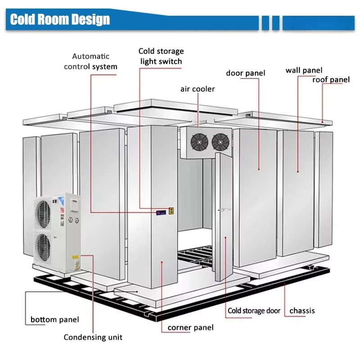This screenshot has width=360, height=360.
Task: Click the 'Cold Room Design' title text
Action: click(x=60, y=19)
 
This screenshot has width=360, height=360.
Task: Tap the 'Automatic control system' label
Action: click(x=91, y=61)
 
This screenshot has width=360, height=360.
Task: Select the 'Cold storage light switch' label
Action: click(x=161, y=56)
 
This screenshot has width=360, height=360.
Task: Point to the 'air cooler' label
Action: click(x=198, y=89)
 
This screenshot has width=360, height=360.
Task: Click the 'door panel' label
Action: click(x=245, y=73)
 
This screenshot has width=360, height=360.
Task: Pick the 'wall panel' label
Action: click(x=304, y=70)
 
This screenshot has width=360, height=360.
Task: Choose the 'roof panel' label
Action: click(x=331, y=80)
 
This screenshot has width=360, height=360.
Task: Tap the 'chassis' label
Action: click(x=302, y=310)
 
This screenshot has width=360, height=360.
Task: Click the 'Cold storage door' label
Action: click(x=254, y=310)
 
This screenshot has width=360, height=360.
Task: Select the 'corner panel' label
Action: click(x=190, y=328)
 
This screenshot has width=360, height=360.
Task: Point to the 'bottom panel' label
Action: click(x=54, y=319)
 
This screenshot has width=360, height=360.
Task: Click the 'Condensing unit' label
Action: click(x=93, y=337)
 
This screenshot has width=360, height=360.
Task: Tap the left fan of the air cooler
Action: click(x=199, y=142)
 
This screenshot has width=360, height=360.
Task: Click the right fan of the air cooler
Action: click(x=220, y=142)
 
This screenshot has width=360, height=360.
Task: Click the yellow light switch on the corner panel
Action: click(x=171, y=211)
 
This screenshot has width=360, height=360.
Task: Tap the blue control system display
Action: click(x=161, y=212)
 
